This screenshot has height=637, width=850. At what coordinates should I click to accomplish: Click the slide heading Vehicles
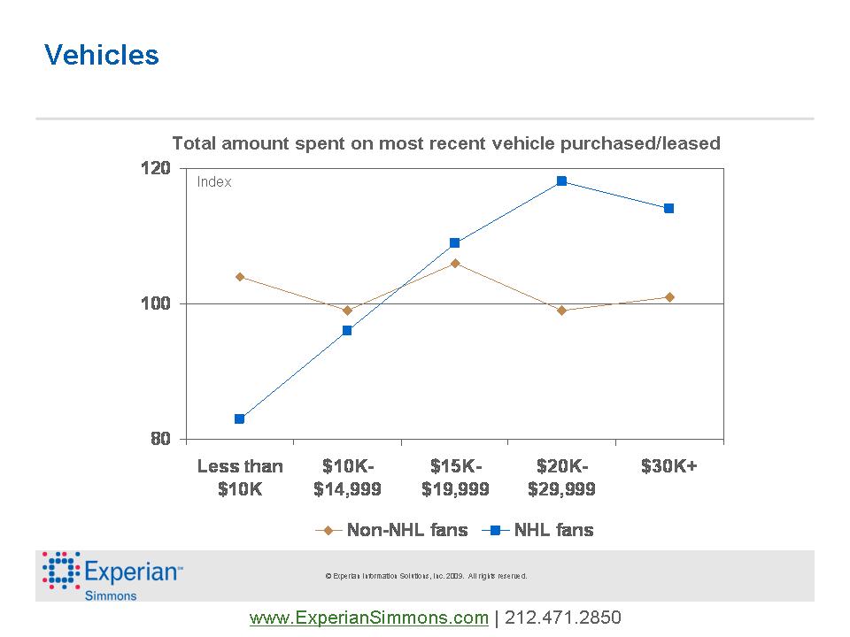point(102,56)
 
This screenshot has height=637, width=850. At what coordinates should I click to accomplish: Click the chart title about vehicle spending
point(445,142)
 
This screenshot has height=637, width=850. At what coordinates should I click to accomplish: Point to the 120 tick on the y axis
point(157,168)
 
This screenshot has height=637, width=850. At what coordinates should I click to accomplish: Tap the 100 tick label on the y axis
point(157,303)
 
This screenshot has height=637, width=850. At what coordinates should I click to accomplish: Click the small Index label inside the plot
point(214,182)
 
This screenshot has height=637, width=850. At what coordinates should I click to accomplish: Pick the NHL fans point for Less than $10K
point(240,418)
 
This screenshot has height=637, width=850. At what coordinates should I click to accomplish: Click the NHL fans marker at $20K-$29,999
point(561,181)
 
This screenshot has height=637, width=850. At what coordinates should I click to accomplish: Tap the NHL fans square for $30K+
point(669,208)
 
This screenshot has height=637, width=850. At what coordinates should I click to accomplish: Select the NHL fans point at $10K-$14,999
point(347,330)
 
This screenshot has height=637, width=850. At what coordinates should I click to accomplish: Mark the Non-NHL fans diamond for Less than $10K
point(240,277)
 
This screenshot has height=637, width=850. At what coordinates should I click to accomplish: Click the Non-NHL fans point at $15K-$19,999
point(455,263)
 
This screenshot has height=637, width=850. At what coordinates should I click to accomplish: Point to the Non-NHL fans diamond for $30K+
point(669,297)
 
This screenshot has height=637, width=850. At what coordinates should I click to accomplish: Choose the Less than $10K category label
point(240,477)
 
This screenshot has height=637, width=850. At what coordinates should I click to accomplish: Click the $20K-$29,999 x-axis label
point(561,477)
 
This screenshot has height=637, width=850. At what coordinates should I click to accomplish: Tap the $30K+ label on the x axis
point(669,466)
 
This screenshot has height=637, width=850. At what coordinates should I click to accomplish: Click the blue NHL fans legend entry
point(538,530)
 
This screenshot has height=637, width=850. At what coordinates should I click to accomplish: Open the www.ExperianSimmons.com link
point(369,618)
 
